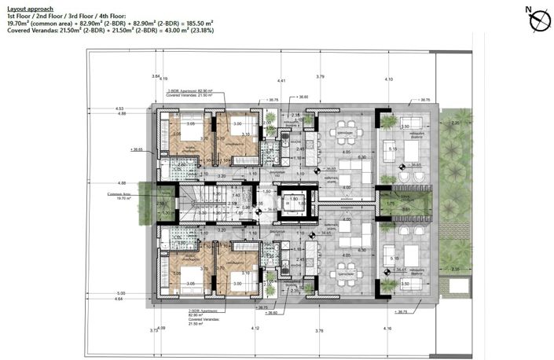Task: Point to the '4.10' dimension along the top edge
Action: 388,79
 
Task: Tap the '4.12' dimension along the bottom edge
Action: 255,328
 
